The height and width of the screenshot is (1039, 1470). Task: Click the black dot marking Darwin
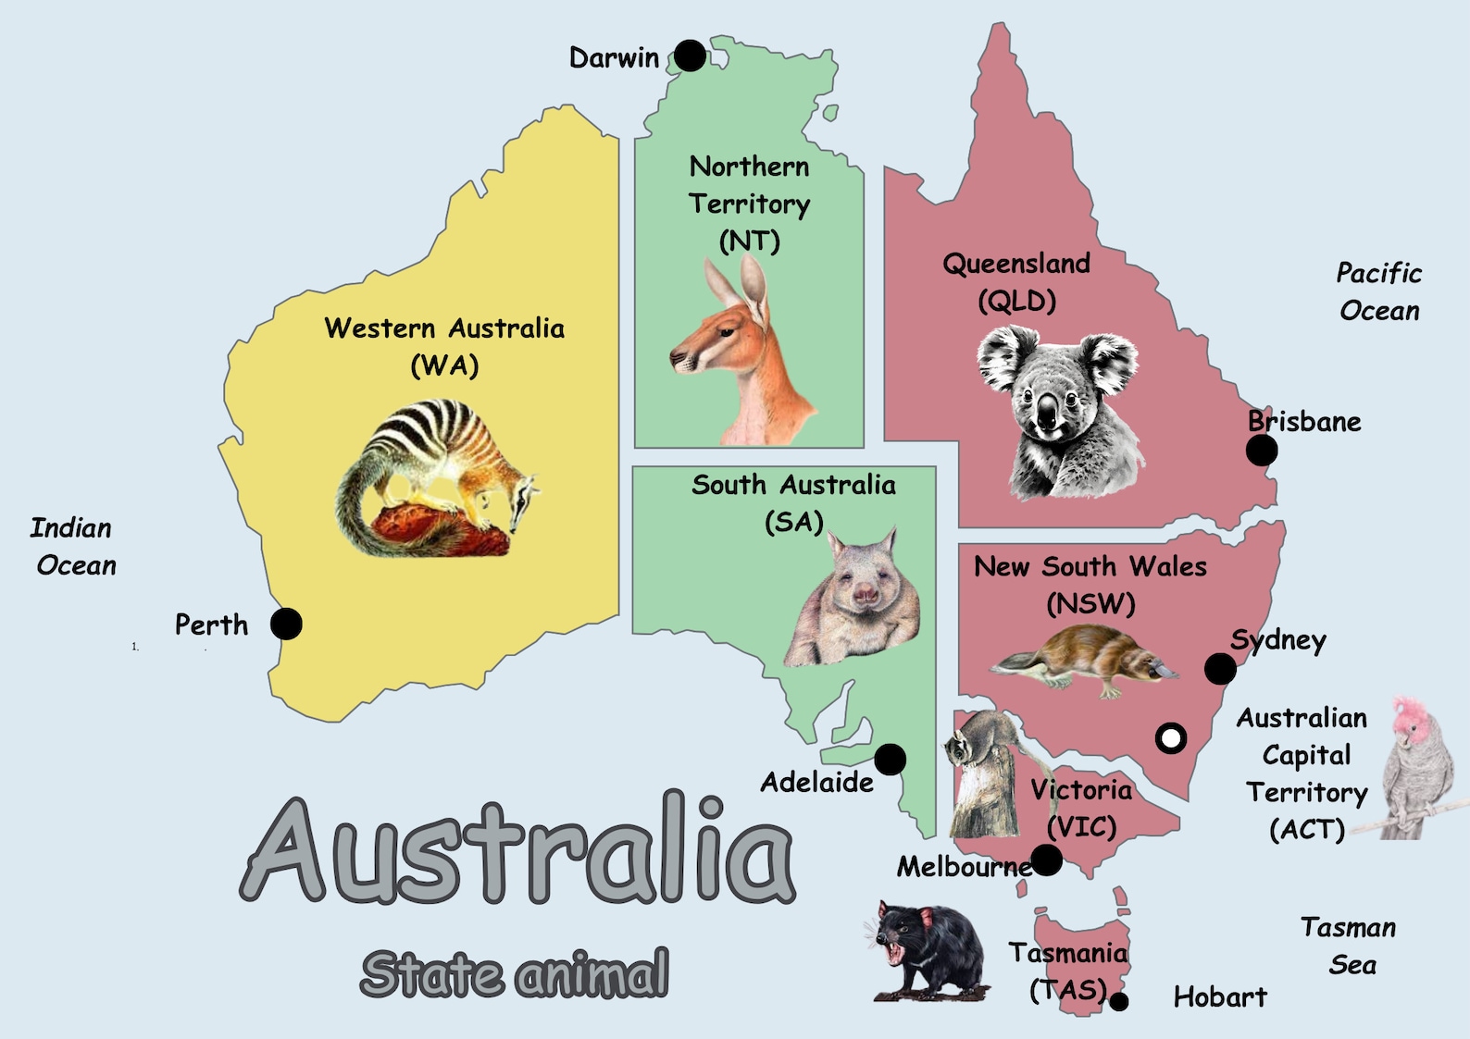pos(690,56)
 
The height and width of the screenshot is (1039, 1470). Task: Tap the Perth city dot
pos(286,625)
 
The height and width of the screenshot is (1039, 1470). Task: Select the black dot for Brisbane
pos(1261,451)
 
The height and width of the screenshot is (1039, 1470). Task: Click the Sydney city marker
pos(1220,668)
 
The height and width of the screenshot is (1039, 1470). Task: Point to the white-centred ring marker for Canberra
pos(1171,738)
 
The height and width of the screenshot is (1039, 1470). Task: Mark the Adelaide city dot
pos(890,760)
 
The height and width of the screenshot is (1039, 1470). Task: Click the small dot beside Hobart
pos(1119,1001)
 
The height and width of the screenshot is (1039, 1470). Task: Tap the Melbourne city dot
pos(1047,860)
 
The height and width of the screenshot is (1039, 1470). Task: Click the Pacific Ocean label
pos(1378,291)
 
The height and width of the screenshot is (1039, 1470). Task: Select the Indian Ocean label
pos(73,546)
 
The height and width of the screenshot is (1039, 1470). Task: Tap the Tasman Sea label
pos(1349,946)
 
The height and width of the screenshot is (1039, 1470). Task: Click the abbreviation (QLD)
pos(1016,302)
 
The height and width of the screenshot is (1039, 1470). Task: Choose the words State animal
pos(515,973)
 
